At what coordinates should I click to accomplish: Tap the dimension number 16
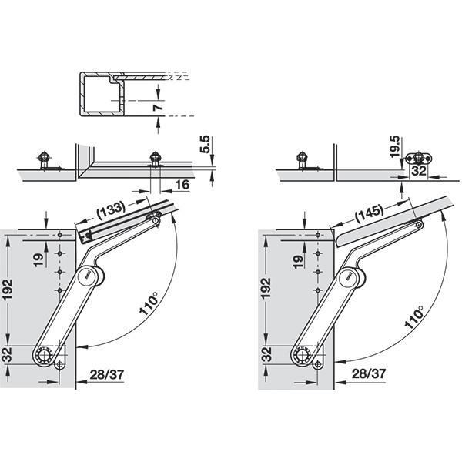[182, 185]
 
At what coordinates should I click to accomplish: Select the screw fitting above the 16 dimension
[156, 159]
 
